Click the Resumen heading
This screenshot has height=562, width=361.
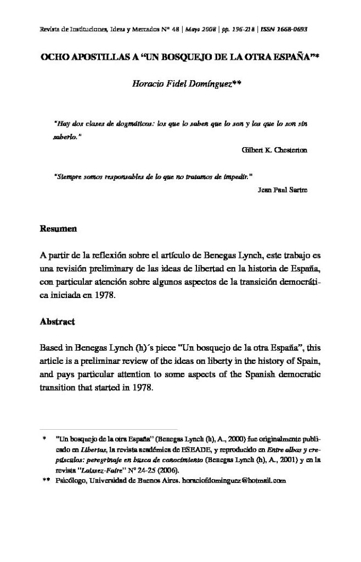click(58, 228)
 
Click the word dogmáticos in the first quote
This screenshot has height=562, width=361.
click(120, 124)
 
